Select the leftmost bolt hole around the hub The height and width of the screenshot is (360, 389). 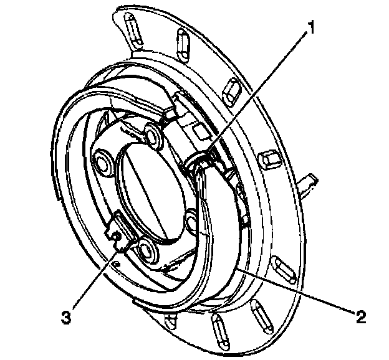(x=101, y=164)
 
